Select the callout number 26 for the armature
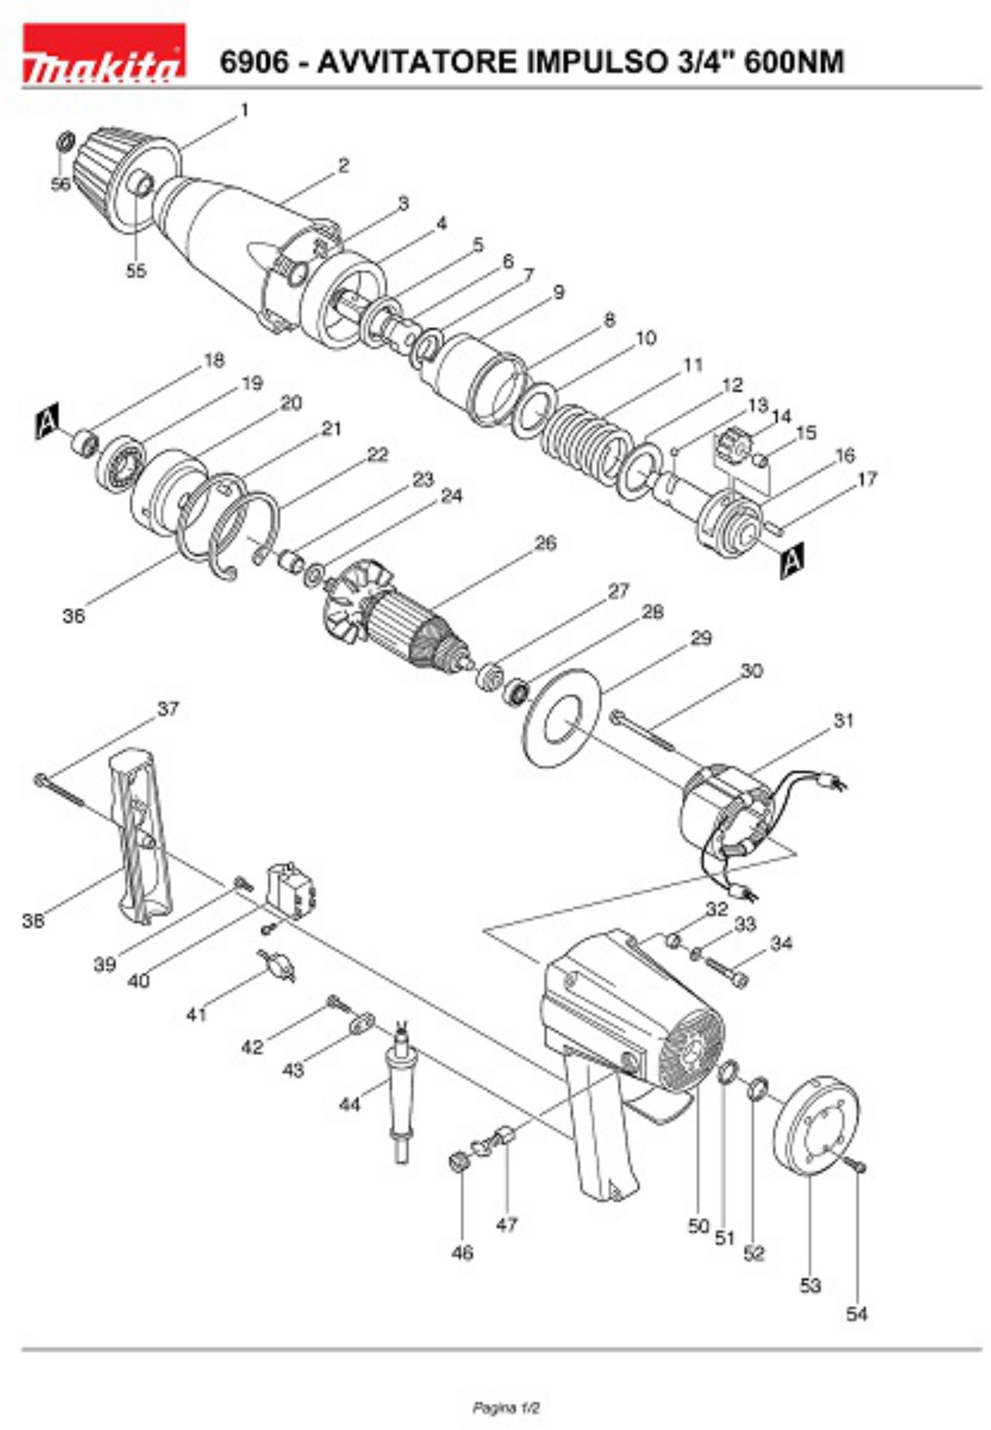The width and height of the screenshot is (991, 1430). [545, 543]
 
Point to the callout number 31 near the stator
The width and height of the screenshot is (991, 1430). [843, 720]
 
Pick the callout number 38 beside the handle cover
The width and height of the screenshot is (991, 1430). [33, 922]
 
